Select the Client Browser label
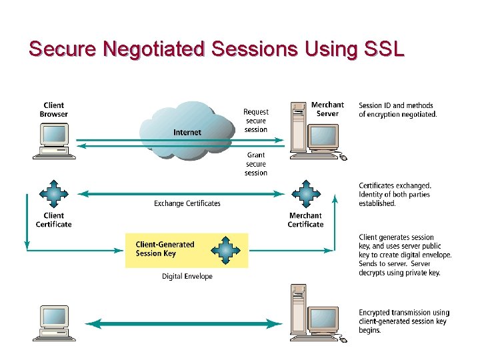53,109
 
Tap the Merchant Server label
327,109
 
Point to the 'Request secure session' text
256,121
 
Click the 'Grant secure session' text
256,164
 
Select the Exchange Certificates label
187,203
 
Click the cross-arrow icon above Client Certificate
53,194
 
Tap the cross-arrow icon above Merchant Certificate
305,194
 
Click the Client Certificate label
53,220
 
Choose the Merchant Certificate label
305,220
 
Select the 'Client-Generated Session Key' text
165,249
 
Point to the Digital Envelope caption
187,276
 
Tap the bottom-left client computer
54,323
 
